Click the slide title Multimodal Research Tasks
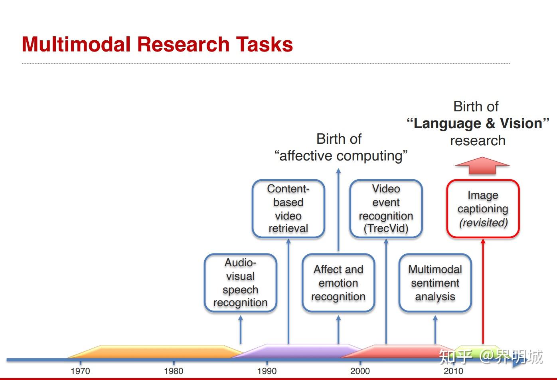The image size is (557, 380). (157, 44)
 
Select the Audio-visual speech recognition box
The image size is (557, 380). (240, 283)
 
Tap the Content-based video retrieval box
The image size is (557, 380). (288, 209)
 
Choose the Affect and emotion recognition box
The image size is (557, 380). (338, 283)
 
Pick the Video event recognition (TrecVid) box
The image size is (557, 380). (386, 209)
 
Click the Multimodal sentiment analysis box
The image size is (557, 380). (435, 283)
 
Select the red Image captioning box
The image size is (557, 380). (482, 209)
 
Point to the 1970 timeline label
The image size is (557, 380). (80, 371)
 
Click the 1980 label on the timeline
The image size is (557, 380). (174, 371)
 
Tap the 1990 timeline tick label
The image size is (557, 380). (267, 371)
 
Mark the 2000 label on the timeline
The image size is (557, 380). (360, 371)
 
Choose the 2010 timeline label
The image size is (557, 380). (453, 371)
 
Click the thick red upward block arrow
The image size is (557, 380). (482, 166)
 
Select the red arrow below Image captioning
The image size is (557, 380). (483, 291)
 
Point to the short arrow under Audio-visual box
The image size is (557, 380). (240, 329)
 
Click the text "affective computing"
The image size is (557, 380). (341, 156)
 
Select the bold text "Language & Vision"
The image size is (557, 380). (478, 123)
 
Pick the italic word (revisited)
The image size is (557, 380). (483, 223)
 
